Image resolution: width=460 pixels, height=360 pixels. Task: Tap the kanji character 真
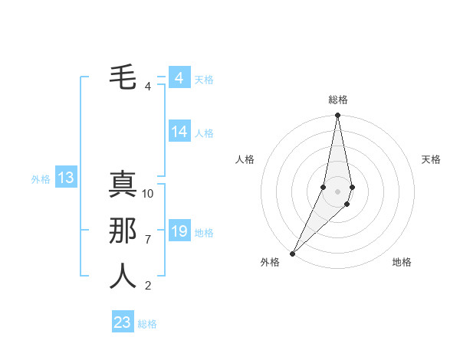click(x=123, y=184)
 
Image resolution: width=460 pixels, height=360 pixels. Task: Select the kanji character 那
click(x=123, y=231)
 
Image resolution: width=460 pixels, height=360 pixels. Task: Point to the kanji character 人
click(x=123, y=277)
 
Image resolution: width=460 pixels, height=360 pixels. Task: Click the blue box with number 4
click(x=179, y=78)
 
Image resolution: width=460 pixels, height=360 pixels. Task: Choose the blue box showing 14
click(x=179, y=132)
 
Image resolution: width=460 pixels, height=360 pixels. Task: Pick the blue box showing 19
click(x=179, y=231)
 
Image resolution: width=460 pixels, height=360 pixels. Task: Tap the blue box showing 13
click(x=65, y=178)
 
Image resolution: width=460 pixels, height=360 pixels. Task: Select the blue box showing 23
click(x=123, y=322)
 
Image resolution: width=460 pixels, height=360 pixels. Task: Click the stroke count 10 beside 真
click(x=149, y=194)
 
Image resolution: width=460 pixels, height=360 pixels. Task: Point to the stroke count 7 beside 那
click(x=148, y=240)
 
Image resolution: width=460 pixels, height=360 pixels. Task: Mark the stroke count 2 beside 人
click(x=148, y=286)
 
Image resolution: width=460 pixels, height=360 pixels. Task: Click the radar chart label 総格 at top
click(x=338, y=100)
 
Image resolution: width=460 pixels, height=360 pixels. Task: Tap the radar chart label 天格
click(x=431, y=159)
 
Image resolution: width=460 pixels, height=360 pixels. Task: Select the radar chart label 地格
click(x=402, y=262)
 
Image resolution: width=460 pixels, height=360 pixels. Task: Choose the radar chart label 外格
click(x=270, y=262)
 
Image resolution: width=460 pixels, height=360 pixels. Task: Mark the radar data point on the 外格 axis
click(x=292, y=254)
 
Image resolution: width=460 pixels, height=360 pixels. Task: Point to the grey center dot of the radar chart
click(x=338, y=191)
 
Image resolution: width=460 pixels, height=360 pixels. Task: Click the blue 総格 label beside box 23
click(x=147, y=324)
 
